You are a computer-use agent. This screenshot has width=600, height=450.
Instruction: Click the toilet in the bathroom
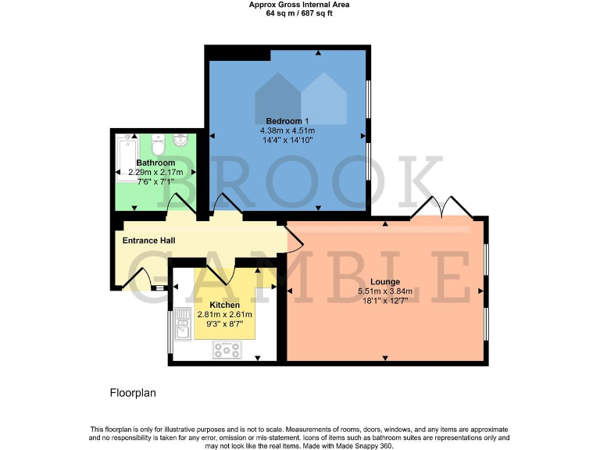(x=159, y=147)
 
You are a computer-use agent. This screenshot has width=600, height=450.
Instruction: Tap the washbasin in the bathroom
(x=181, y=141)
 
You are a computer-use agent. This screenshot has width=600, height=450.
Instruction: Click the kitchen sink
(x=181, y=325)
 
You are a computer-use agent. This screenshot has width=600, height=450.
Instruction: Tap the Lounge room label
(x=385, y=281)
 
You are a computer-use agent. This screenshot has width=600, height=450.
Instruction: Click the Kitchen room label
(x=224, y=304)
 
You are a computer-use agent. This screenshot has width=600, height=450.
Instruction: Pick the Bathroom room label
(x=155, y=162)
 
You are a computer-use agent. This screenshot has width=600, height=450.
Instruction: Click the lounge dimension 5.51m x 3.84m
(x=385, y=291)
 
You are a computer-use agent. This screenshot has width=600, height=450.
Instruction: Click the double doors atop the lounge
(x=442, y=206)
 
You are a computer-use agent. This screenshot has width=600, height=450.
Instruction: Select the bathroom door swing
(x=180, y=202)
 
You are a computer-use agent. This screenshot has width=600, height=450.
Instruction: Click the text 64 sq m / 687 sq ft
(x=299, y=13)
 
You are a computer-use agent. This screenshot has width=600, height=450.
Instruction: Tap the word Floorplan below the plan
(x=133, y=393)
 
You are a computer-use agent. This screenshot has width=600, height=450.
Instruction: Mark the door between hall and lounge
(x=296, y=237)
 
